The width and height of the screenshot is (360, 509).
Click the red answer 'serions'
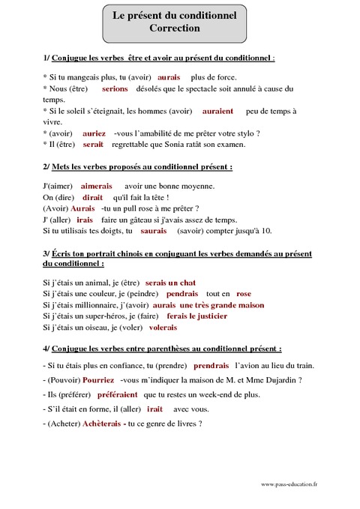115,88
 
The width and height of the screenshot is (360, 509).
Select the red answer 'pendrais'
181,294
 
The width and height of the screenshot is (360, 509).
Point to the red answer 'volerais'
163,328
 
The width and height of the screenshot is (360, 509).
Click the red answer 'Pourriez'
98,380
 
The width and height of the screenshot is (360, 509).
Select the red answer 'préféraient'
115,394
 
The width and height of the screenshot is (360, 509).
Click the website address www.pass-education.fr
289,484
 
